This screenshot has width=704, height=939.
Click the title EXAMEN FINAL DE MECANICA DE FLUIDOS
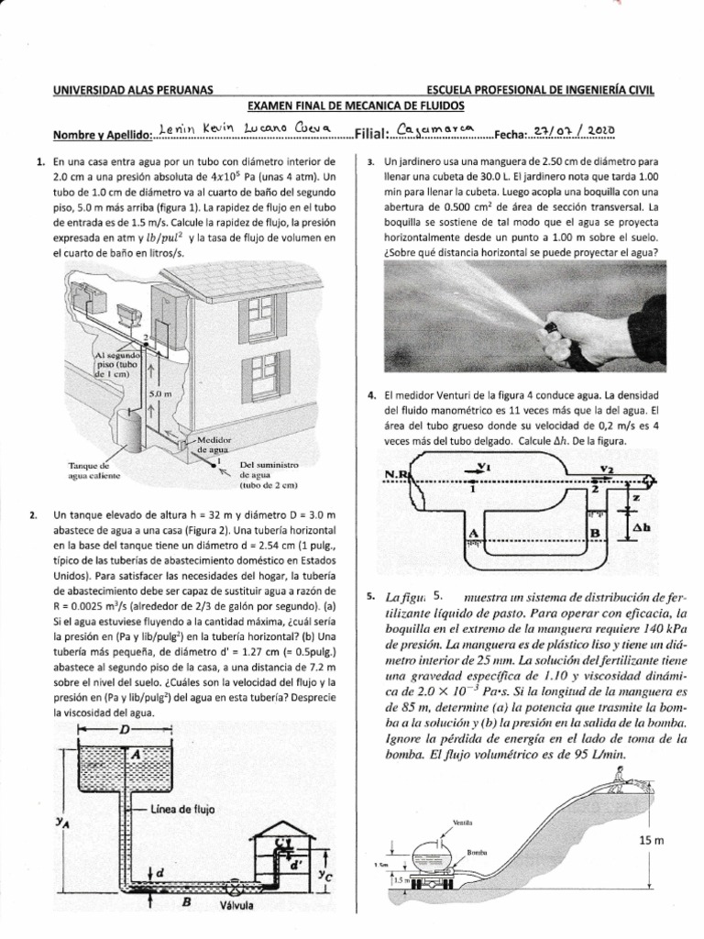click(352, 108)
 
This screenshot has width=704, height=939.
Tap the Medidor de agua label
click(213, 445)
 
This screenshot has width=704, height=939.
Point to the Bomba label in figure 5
click(477, 852)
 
